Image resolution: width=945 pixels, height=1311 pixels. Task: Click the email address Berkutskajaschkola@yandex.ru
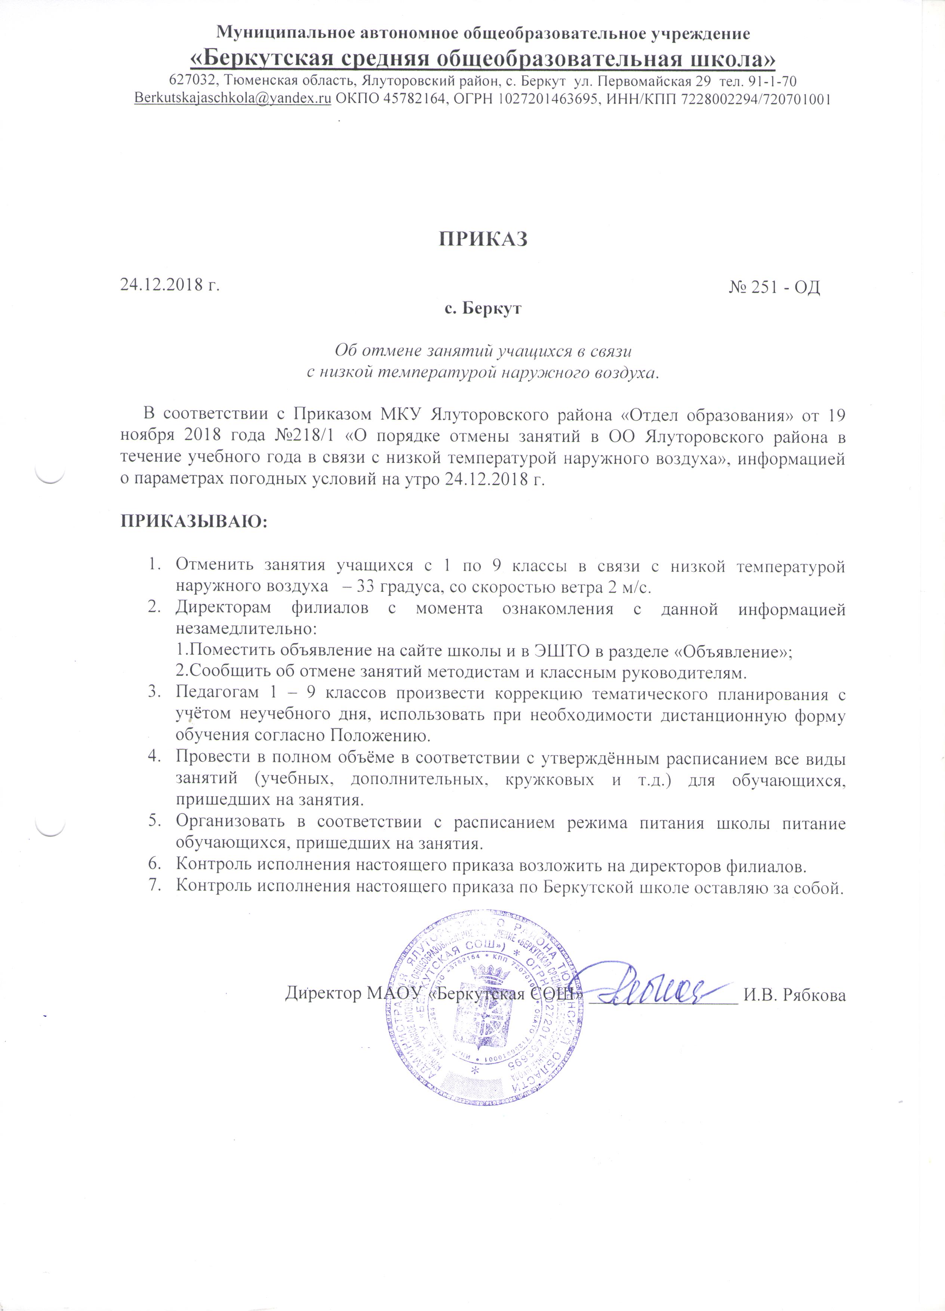(233, 99)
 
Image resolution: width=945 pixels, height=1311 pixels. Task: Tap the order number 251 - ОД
(781, 287)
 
